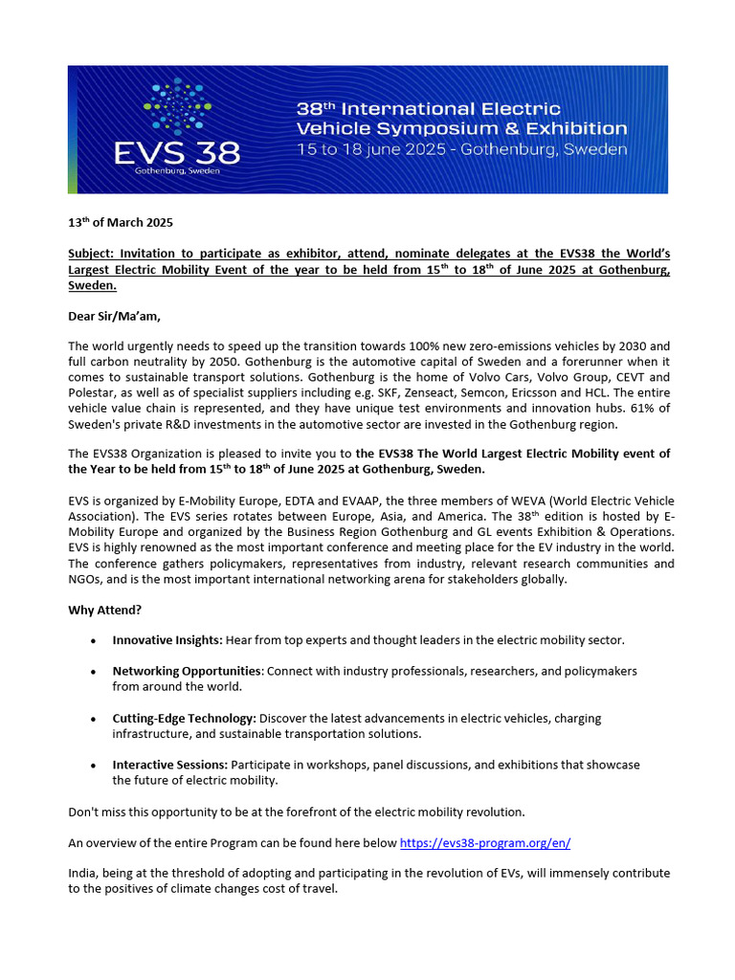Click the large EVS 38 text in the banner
click(x=190, y=151)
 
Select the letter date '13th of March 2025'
click(x=121, y=224)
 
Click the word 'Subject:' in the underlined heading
click(x=92, y=254)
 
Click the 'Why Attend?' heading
click(x=106, y=610)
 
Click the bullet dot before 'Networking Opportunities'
click(x=91, y=672)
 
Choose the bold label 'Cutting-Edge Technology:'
click(x=184, y=718)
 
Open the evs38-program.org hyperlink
click(x=484, y=843)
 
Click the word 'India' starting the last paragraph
click(x=83, y=873)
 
